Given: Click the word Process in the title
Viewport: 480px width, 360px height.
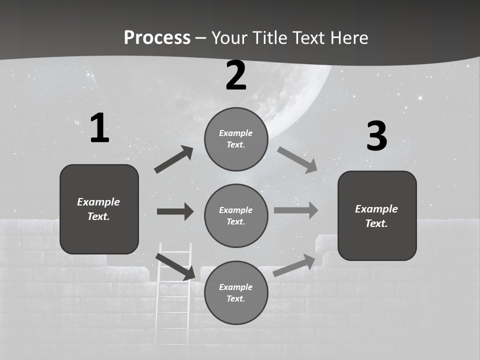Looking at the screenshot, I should point(157,37).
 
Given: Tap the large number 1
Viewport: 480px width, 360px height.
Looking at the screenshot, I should point(99,128).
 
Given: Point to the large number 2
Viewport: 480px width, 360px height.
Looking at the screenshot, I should point(236,75).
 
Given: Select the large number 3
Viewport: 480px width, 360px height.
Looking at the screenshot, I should point(376,136).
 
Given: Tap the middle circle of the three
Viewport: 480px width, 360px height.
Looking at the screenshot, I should point(236,215).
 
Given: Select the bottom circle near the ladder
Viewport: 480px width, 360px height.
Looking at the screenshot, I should point(236,292).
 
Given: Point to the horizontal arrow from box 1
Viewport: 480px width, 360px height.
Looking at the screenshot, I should point(175,211).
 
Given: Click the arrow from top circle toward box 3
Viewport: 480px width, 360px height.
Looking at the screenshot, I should point(297,160).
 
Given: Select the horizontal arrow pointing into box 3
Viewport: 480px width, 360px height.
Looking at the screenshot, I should point(296,210).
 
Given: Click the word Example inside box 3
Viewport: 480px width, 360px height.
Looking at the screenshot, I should point(376,209).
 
